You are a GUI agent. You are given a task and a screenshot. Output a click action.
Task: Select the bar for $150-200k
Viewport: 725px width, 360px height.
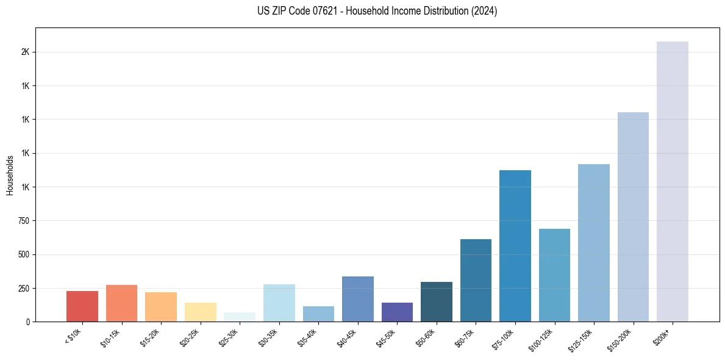[x=633, y=217]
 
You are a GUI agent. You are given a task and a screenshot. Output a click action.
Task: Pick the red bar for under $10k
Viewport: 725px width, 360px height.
[x=82, y=306]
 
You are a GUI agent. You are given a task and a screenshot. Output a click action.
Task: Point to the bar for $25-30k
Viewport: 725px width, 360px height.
[x=239, y=317]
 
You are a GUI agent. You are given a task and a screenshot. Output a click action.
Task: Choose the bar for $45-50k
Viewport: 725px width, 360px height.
[x=397, y=312]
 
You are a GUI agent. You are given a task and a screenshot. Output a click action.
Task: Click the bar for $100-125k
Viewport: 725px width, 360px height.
[x=554, y=275]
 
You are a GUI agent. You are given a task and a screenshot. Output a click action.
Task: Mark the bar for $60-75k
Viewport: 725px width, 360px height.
[x=476, y=280]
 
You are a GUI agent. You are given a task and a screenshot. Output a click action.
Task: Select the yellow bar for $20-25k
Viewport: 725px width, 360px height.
[x=200, y=312]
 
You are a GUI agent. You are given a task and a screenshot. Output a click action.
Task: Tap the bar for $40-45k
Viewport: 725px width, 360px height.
[x=357, y=298]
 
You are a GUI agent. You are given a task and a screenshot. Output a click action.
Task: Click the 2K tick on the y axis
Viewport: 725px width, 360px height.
[x=25, y=52]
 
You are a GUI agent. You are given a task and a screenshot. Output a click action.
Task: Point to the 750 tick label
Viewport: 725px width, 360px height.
[x=24, y=221]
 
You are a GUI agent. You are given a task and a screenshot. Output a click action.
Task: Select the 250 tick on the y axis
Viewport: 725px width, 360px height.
[x=24, y=288]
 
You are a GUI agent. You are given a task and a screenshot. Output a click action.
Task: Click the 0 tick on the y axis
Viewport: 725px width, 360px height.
[x=28, y=322]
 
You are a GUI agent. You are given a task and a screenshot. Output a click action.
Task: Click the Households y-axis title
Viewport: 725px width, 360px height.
[x=10, y=175]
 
